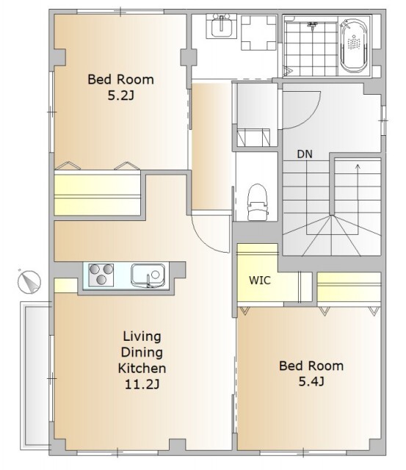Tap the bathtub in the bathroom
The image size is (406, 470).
(354, 46)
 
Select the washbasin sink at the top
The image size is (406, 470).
(222, 26)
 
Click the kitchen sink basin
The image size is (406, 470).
(148, 275)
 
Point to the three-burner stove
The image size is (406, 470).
(101, 275)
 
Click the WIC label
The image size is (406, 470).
(260, 281)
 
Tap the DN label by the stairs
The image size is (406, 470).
(305, 154)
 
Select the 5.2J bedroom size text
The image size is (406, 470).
(120, 96)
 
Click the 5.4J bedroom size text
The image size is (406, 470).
(311, 382)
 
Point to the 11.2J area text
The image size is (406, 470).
(142, 384)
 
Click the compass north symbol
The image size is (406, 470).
(29, 281)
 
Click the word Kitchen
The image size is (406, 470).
(142, 368)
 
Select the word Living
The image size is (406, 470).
(142, 337)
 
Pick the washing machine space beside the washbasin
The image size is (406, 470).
(258, 32)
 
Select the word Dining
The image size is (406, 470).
(142, 352)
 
